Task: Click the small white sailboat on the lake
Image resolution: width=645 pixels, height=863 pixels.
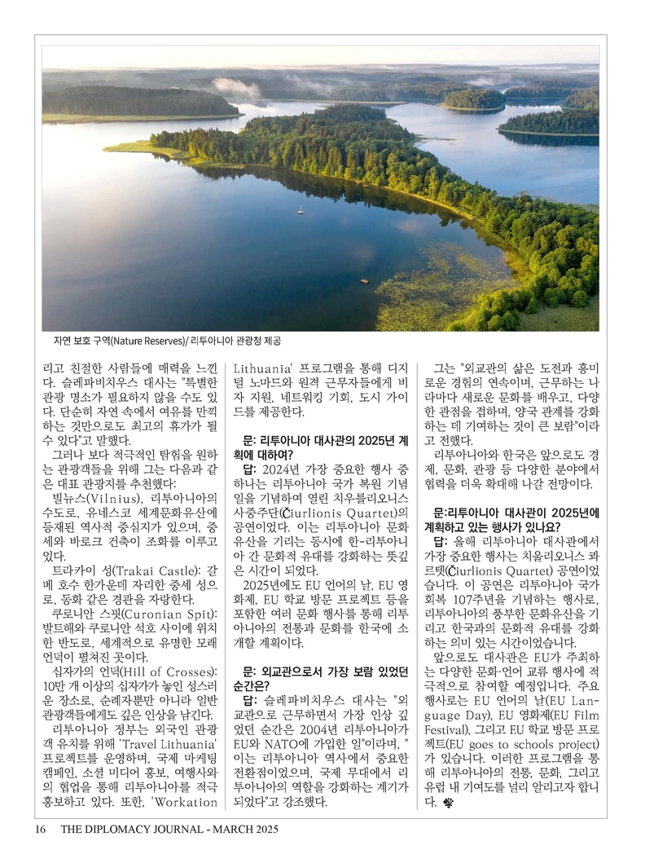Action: (x=301, y=209)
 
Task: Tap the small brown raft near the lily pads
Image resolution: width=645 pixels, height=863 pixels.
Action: (x=364, y=281)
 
